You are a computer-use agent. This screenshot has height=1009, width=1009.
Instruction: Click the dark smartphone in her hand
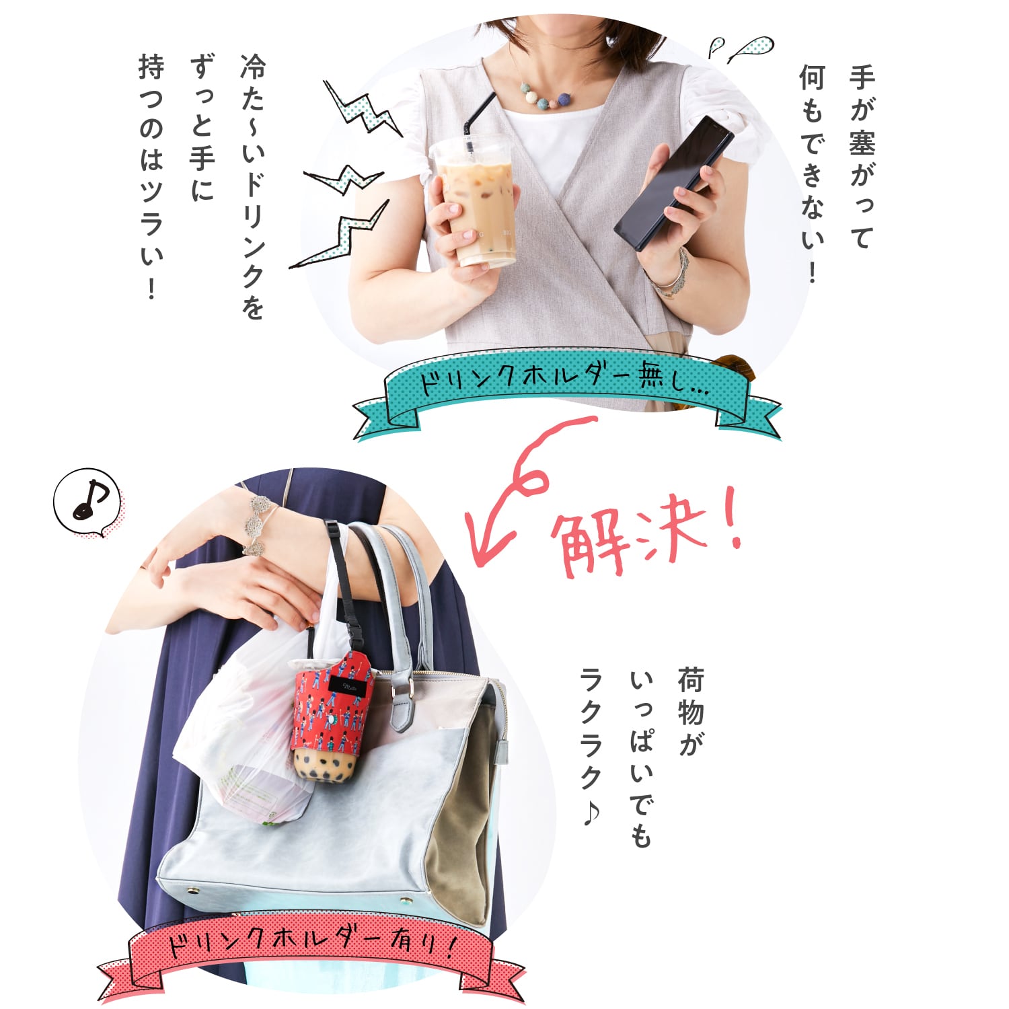[x=673, y=182]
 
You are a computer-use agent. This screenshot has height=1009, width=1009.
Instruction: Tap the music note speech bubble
[x=87, y=502]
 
